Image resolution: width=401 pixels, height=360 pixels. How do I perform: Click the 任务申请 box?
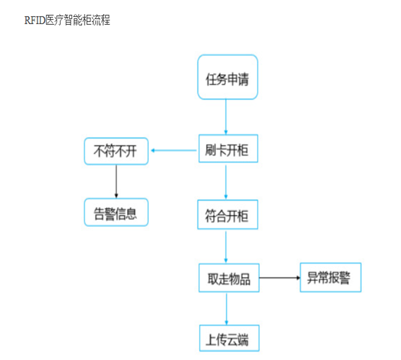point(227,77)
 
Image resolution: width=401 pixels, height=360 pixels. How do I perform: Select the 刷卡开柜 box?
point(228,148)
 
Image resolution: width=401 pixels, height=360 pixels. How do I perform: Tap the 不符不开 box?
point(116,151)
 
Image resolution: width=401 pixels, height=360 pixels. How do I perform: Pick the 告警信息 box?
point(116,212)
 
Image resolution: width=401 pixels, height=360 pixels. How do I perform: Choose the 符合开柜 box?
point(227,215)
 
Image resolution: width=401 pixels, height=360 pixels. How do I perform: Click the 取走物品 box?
point(229,277)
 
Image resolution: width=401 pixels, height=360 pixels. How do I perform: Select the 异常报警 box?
point(330,277)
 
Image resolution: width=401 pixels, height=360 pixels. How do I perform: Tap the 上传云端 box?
point(229,338)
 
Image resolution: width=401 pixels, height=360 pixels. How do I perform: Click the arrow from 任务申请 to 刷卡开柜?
point(226,117)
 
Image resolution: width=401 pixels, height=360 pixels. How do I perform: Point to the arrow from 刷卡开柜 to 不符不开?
point(174,150)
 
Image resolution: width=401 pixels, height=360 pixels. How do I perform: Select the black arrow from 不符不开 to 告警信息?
point(116,181)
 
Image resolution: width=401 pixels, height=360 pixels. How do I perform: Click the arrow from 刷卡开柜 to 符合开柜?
point(226,182)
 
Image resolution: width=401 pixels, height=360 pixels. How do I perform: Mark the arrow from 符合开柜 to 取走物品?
point(226,247)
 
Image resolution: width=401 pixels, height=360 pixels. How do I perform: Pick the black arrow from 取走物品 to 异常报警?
point(280,277)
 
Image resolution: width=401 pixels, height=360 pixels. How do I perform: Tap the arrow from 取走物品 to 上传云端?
point(227,309)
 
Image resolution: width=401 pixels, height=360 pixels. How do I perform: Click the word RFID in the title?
point(35,20)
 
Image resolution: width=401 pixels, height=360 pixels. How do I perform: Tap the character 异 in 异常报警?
point(312,277)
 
